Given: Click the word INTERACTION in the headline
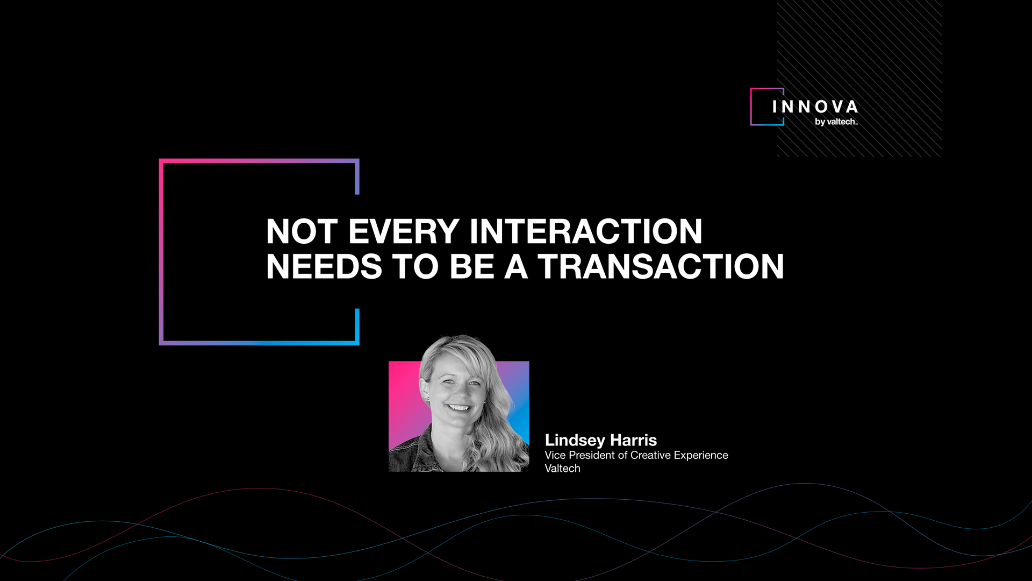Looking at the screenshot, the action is [x=586, y=231].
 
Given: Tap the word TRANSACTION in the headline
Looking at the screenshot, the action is [x=661, y=267].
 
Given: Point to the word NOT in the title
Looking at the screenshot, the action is [x=302, y=231].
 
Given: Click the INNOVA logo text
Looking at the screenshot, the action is [x=815, y=107].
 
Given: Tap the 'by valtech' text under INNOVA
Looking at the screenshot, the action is [x=836, y=122].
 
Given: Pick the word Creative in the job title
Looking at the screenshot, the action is [x=650, y=455].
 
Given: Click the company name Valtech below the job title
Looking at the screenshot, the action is [x=562, y=469].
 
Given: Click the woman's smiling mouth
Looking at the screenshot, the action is [x=458, y=408].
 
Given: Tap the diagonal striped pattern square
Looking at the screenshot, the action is [x=859, y=79].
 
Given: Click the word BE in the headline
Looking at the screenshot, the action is [x=472, y=267].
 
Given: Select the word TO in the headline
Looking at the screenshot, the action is [x=415, y=267].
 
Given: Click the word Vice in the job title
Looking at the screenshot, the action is [x=555, y=455].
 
